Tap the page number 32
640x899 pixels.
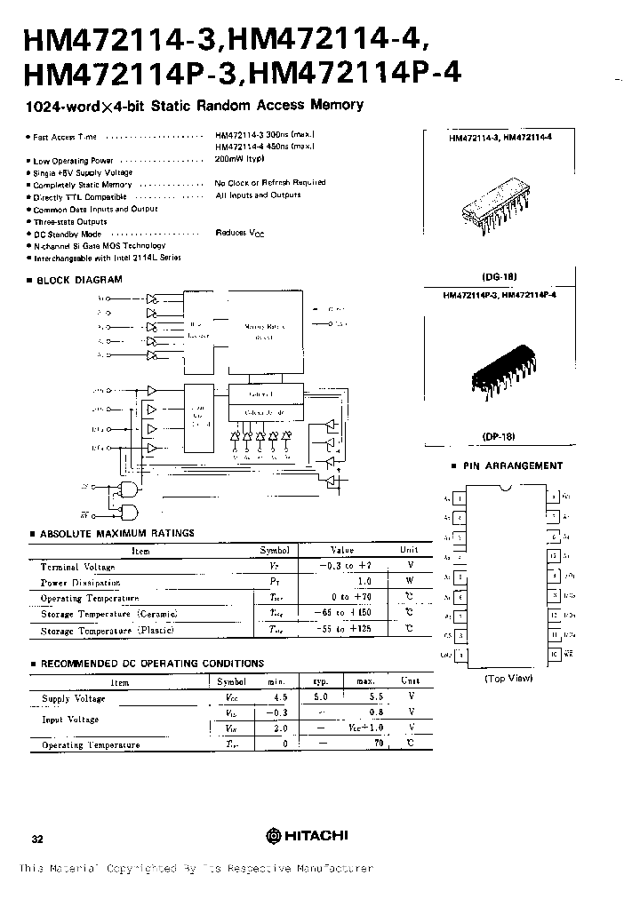(x=36, y=838)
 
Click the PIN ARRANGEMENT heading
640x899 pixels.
(x=512, y=465)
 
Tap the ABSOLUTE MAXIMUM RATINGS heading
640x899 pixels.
(x=116, y=533)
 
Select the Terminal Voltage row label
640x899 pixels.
(x=72, y=566)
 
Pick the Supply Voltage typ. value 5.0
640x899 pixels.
(x=320, y=698)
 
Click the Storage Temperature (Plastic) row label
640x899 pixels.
(x=108, y=630)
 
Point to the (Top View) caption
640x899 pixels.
(x=508, y=678)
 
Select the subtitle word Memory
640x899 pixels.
(x=336, y=105)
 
